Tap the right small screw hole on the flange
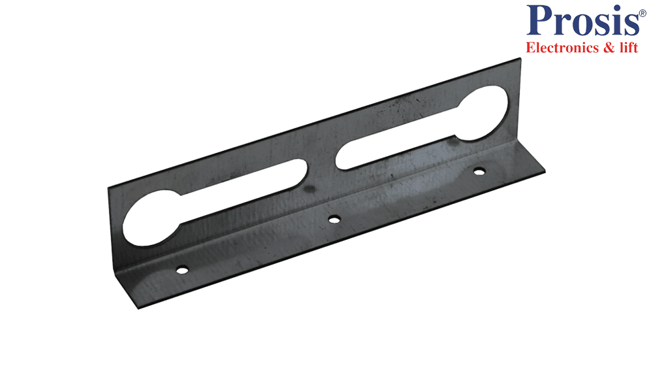(x=479, y=171)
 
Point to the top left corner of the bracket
(x=110, y=188)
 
